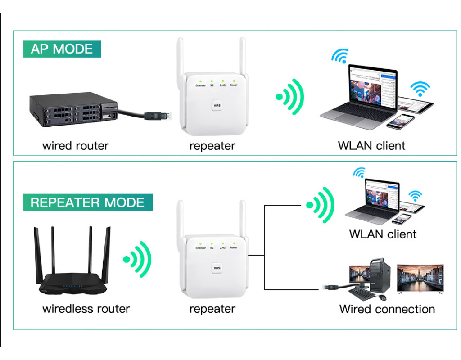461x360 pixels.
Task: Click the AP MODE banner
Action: coord(62,49)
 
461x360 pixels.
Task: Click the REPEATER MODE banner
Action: coord(88,202)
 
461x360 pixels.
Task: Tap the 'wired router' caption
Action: coord(76,146)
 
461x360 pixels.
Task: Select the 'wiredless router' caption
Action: coord(86,309)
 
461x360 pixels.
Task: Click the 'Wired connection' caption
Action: coord(387,309)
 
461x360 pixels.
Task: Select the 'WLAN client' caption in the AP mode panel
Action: coord(371,146)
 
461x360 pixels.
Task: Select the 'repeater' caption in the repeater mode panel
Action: coord(212,309)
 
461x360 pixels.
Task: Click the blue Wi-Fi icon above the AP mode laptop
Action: coord(340,56)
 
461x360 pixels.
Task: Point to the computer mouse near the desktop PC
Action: coord(383,297)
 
